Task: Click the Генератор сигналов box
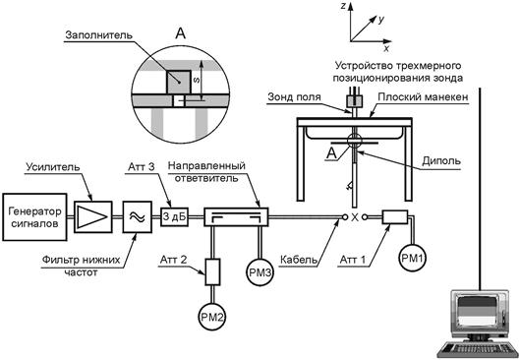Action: (x=34, y=217)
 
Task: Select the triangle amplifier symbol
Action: (x=92, y=217)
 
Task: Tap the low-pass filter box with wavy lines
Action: (x=138, y=217)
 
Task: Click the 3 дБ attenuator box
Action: (x=174, y=217)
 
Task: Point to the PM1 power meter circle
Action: (x=413, y=258)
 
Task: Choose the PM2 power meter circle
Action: (x=212, y=317)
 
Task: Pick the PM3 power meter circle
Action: (x=260, y=272)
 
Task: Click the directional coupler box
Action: (x=236, y=217)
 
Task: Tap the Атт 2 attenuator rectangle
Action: (x=212, y=272)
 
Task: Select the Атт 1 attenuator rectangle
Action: (x=394, y=217)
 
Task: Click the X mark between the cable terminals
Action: (x=355, y=217)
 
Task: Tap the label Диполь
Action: (x=441, y=161)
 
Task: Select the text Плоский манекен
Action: (x=423, y=96)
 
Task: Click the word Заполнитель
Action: (x=99, y=35)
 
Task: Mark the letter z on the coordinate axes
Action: (x=344, y=6)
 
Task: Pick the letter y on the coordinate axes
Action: (x=381, y=20)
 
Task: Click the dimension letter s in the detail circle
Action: (x=197, y=80)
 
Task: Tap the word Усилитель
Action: (x=53, y=167)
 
